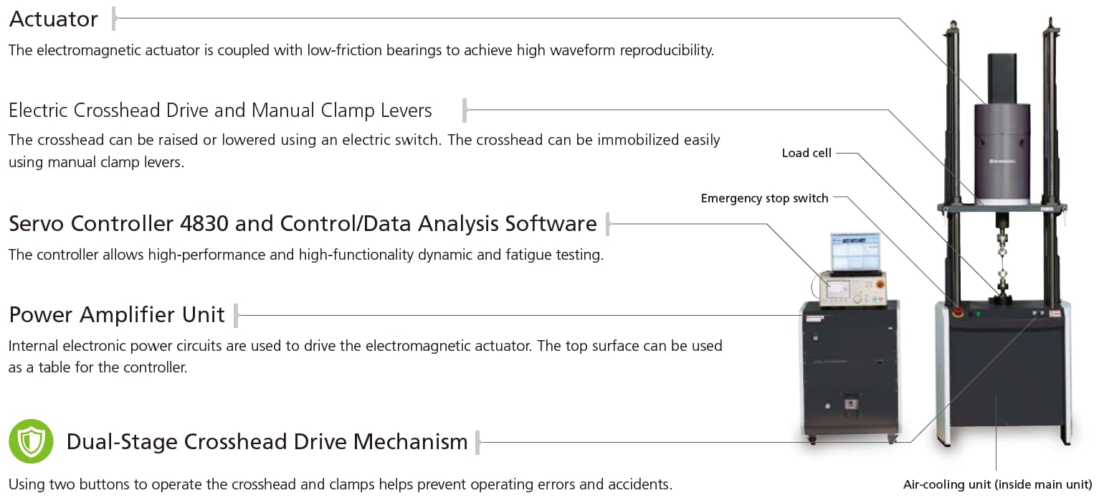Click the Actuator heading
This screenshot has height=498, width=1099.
tap(54, 19)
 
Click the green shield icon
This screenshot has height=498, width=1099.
tap(31, 441)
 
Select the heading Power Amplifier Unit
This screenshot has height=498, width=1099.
tap(117, 315)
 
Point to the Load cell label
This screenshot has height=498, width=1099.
tap(807, 153)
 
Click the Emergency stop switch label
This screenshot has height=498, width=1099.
tap(764, 198)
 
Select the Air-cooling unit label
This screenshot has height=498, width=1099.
tap(997, 484)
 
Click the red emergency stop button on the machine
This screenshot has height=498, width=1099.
tap(957, 312)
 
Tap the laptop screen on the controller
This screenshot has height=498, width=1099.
tap(855, 251)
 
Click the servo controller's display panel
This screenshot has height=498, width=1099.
tap(838, 290)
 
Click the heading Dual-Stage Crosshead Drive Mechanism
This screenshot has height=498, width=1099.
tap(267, 441)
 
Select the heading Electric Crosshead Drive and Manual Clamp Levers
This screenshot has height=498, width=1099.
tap(220, 111)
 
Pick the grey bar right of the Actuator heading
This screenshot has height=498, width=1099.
tap(114, 19)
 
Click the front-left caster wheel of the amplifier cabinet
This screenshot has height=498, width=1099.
tap(812, 440)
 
